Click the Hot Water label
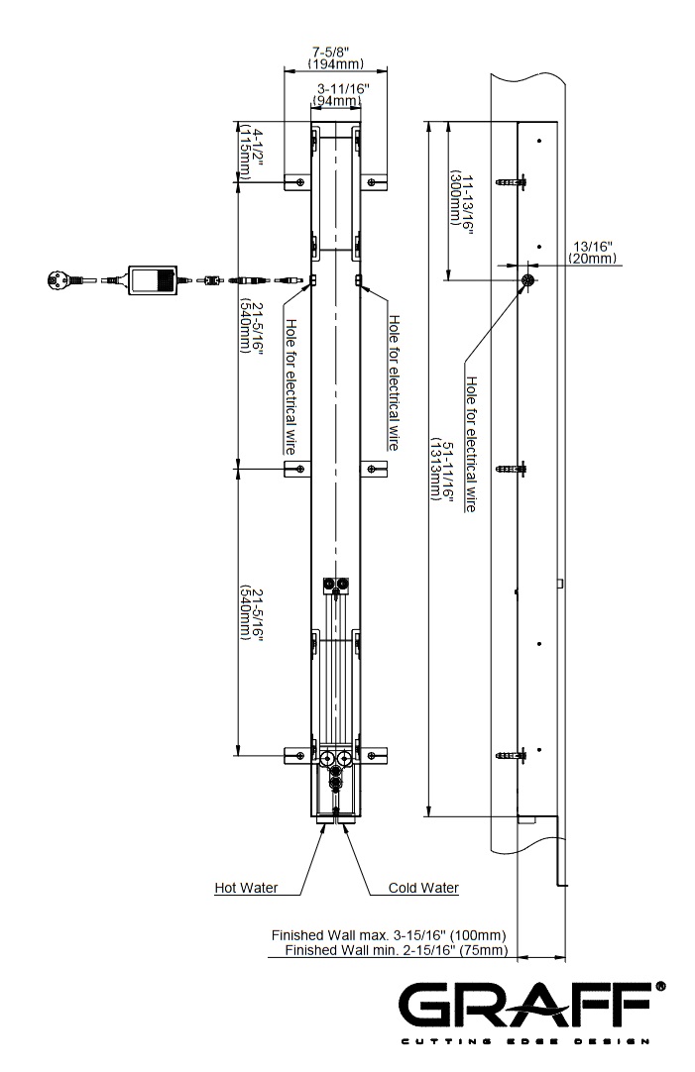click(246, 888)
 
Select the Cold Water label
click(423, 888)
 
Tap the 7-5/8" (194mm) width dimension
click(335, 57)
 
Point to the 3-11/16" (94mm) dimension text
click(335, 95)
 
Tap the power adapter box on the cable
click(152, 279)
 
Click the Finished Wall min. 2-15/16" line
click(396, 950)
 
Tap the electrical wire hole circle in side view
click(528, 280)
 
